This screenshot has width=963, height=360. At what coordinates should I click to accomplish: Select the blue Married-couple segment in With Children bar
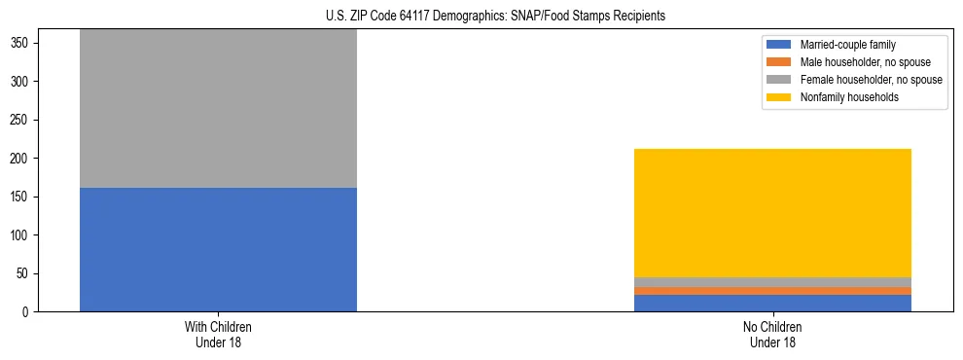[218, 249]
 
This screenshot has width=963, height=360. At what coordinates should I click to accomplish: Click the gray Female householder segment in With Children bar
[218, 108]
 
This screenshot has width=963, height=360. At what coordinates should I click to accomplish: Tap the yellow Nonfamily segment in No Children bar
[772, 212]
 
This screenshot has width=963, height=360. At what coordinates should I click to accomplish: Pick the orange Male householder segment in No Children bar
[772, 291]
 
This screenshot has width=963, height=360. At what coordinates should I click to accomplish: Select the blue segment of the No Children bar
[772, 303]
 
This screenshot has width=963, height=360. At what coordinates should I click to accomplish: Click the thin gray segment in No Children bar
[772, 282]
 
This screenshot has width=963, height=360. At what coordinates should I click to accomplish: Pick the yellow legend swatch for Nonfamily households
[780, 97]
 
